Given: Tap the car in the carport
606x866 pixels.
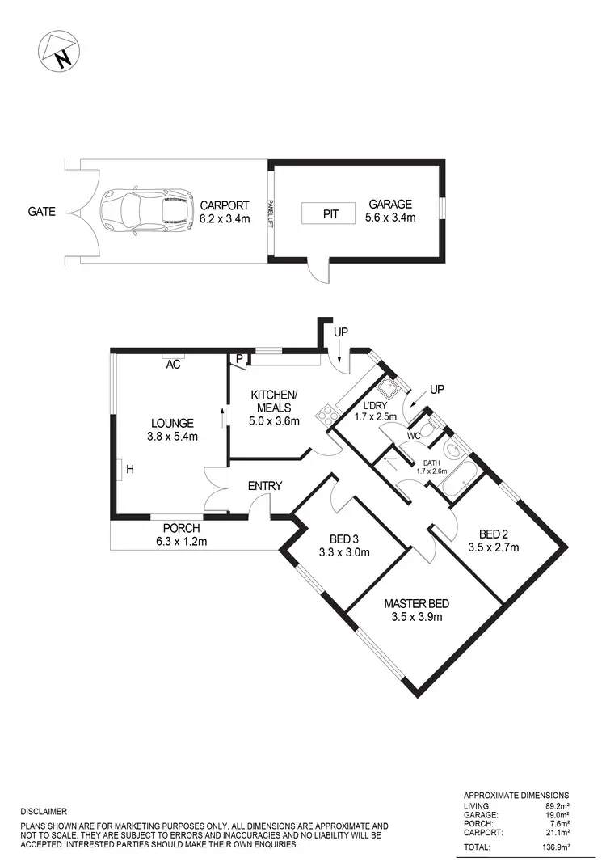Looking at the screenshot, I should click(x=146, y=211).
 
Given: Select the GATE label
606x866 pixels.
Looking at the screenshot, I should click(x=41, y=212).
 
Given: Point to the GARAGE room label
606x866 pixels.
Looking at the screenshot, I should click(x=390, y=205).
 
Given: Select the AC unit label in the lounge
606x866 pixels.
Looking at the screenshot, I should click(x=173, y=365).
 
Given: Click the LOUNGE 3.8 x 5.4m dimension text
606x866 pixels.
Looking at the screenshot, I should click(x=170, y=436).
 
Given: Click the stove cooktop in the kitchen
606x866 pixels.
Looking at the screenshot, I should click(x=327, y=416).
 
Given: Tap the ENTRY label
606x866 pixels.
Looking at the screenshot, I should click(x=264, y=486).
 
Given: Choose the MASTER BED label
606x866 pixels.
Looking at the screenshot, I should click(x=415, y=603).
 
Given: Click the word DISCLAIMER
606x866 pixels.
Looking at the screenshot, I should click(x=44, y=811).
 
